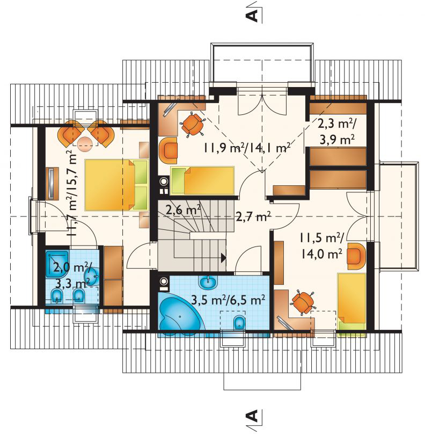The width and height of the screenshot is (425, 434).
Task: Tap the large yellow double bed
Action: coord(116,185)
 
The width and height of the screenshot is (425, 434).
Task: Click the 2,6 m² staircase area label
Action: coord(183,211)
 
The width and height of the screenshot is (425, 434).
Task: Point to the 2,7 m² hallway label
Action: coord(253,216)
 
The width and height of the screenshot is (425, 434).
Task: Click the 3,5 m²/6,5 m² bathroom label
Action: coord(229,300)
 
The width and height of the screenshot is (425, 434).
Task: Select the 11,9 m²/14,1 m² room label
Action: coord(247,148)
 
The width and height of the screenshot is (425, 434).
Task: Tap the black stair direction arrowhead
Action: coord(223,258)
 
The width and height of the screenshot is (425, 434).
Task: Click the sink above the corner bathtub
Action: coord(207,283)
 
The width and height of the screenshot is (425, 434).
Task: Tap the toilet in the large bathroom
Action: coord(239,323)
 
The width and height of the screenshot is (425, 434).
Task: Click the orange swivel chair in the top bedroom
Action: coord(193,125)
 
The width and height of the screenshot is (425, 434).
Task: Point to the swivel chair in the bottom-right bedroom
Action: coord(303,302)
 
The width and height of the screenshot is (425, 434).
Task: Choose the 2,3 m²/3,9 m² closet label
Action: coord(337,132)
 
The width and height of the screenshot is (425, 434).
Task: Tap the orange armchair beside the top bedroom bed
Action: coord(168,150)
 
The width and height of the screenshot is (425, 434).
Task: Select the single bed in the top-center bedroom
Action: coord(202,180)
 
